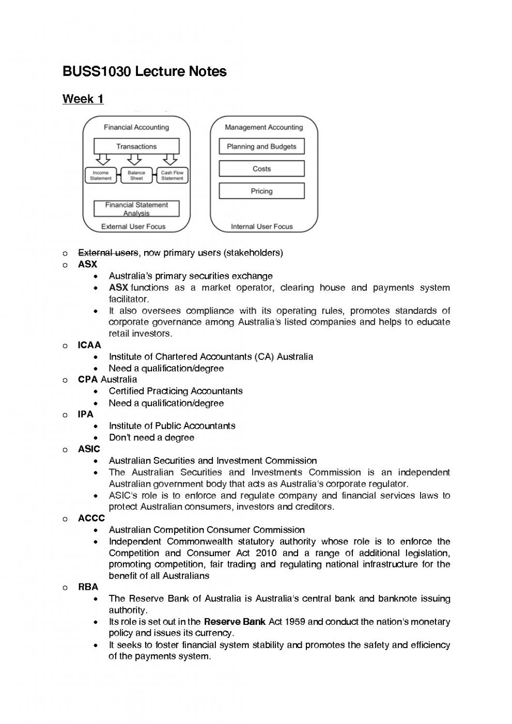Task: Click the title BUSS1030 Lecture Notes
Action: coord(144,71)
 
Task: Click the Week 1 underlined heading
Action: coord(83,99)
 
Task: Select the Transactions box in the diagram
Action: coord(136,146)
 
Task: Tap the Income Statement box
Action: coord(101,176)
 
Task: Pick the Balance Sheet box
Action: coord(136,176)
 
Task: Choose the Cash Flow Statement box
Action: coord(172,176)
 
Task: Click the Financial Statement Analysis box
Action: coord(136,209)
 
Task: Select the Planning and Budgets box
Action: coord(261,146)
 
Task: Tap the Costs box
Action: coord(261,168)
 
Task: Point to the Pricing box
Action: coord(261,191)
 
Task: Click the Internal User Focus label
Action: coord(261,226)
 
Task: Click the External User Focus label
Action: coord(133,226)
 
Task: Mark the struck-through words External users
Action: coord(108,253)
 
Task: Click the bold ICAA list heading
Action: coord(89,345)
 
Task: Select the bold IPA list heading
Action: coord(86,414)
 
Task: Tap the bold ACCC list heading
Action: coord(91,518)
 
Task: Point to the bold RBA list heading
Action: coord(88,587)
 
